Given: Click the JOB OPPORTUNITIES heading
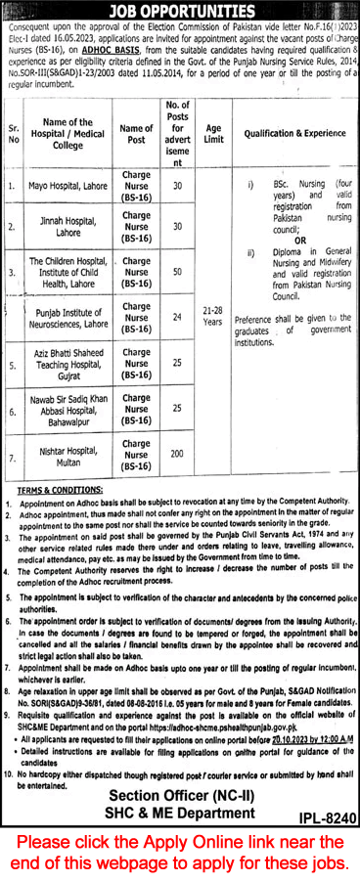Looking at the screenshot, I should tap(180, 10).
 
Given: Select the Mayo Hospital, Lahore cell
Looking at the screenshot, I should tap(68, 184).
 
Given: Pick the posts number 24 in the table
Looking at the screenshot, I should tap(177, 316).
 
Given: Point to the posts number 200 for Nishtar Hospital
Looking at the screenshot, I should tap(177, 454).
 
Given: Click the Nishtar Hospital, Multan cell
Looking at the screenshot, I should tap(68, 455).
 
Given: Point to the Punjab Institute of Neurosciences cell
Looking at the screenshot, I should tap(68, 317).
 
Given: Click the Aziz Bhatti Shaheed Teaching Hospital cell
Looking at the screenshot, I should tap(68, 364).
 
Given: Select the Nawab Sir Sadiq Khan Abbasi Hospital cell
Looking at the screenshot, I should tap(68, 409).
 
